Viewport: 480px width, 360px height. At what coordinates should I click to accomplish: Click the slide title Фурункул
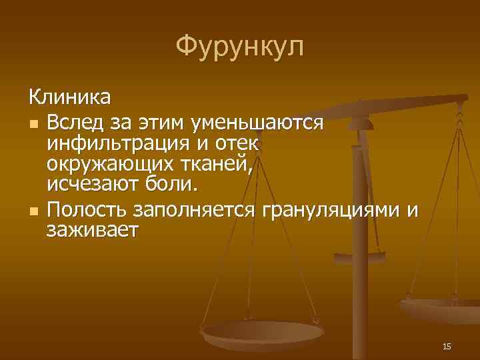(x=240, y=47)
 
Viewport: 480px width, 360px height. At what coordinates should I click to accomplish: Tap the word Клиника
(x=70, y=99)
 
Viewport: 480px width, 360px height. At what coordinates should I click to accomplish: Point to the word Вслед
(x=77, y=123)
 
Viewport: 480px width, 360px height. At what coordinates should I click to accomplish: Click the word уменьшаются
(x=257, y=123)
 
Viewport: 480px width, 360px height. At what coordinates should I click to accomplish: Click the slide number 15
(x=447, y=346)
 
